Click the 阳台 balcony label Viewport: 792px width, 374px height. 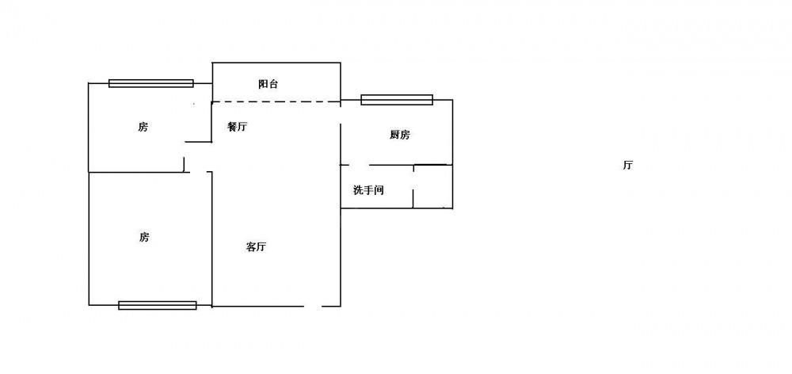click(268, 85)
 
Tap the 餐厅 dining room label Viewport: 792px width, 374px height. click(237, 127)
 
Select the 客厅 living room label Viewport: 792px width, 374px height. click(256, 247)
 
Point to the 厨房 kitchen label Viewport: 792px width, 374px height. click(399, 135)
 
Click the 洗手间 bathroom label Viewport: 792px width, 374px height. click(368, 190)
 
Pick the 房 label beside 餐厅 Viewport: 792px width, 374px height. click(143, 127)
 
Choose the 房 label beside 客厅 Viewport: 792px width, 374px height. click(144, 237)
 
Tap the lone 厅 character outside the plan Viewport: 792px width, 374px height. click(627, 166)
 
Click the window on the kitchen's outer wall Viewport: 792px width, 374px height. click(397, 100)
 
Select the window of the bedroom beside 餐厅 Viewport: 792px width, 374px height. click(151, 83)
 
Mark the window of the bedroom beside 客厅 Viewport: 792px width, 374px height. click(158, 305)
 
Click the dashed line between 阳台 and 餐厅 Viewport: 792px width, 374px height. click(276, 101)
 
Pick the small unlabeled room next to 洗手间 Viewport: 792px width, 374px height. click(433, 186)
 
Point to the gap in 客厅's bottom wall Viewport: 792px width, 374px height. click(313, 307)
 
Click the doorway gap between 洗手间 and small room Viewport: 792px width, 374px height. click(413, 182)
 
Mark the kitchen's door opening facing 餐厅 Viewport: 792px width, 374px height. click(341, 143)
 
